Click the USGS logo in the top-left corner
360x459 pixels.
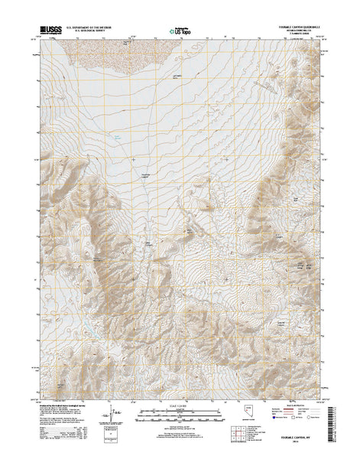47,33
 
